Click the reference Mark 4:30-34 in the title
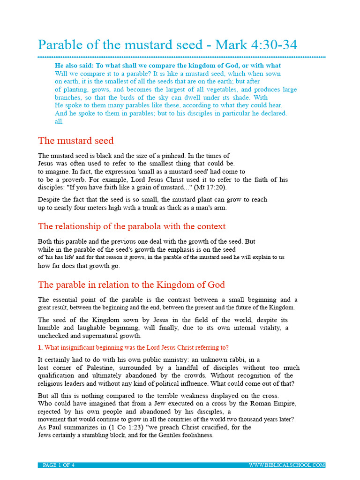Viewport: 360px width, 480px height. point(256,45)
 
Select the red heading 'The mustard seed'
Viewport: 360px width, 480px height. point(75,141)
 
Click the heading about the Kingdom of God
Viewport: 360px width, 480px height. point(131,285)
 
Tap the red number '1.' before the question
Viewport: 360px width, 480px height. point(40,347)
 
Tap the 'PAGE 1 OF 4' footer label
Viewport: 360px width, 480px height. point(59,465)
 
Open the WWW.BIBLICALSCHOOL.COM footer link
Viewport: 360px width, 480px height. point(287,465)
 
